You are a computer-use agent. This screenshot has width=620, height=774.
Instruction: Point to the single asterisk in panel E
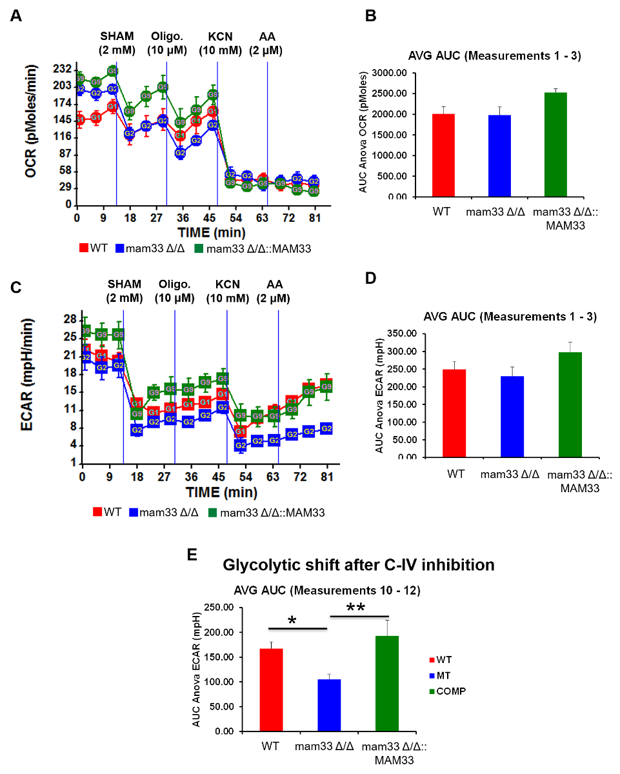[x=292, y=621]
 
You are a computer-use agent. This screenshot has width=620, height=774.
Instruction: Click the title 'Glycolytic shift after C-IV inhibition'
[x=359, y=566]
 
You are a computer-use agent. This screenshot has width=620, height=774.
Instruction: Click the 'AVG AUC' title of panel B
[x=495, y=55]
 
